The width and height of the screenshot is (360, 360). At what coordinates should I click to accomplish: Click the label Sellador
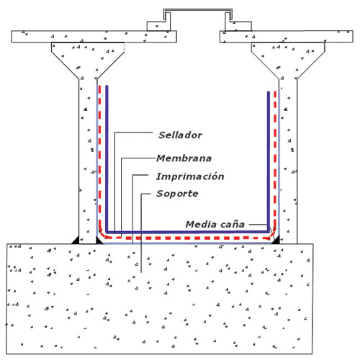180,135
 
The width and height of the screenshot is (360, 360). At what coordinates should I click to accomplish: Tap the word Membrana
184,158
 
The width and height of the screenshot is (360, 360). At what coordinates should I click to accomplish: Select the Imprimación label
190,176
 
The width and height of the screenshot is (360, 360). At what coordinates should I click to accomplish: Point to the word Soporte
177,194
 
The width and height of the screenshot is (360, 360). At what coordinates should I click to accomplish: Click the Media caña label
215,225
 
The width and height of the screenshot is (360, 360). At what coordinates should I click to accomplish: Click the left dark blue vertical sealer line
107,158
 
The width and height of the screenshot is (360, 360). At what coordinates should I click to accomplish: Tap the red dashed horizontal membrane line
188,238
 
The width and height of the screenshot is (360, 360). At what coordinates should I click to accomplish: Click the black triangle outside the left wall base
76,240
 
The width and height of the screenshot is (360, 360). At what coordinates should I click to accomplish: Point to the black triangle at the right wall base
276,240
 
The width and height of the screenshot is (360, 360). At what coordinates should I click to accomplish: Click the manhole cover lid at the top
198,11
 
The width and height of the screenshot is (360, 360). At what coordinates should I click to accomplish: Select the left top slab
94,37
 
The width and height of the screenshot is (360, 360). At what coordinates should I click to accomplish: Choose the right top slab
286,37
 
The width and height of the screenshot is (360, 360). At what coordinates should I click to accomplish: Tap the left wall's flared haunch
88,60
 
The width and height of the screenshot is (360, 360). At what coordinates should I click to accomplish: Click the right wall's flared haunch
288,60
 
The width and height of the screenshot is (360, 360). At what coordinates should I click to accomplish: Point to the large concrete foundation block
160,299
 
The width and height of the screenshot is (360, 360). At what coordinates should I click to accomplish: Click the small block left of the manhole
158,26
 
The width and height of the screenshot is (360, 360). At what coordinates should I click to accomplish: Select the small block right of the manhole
238,26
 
